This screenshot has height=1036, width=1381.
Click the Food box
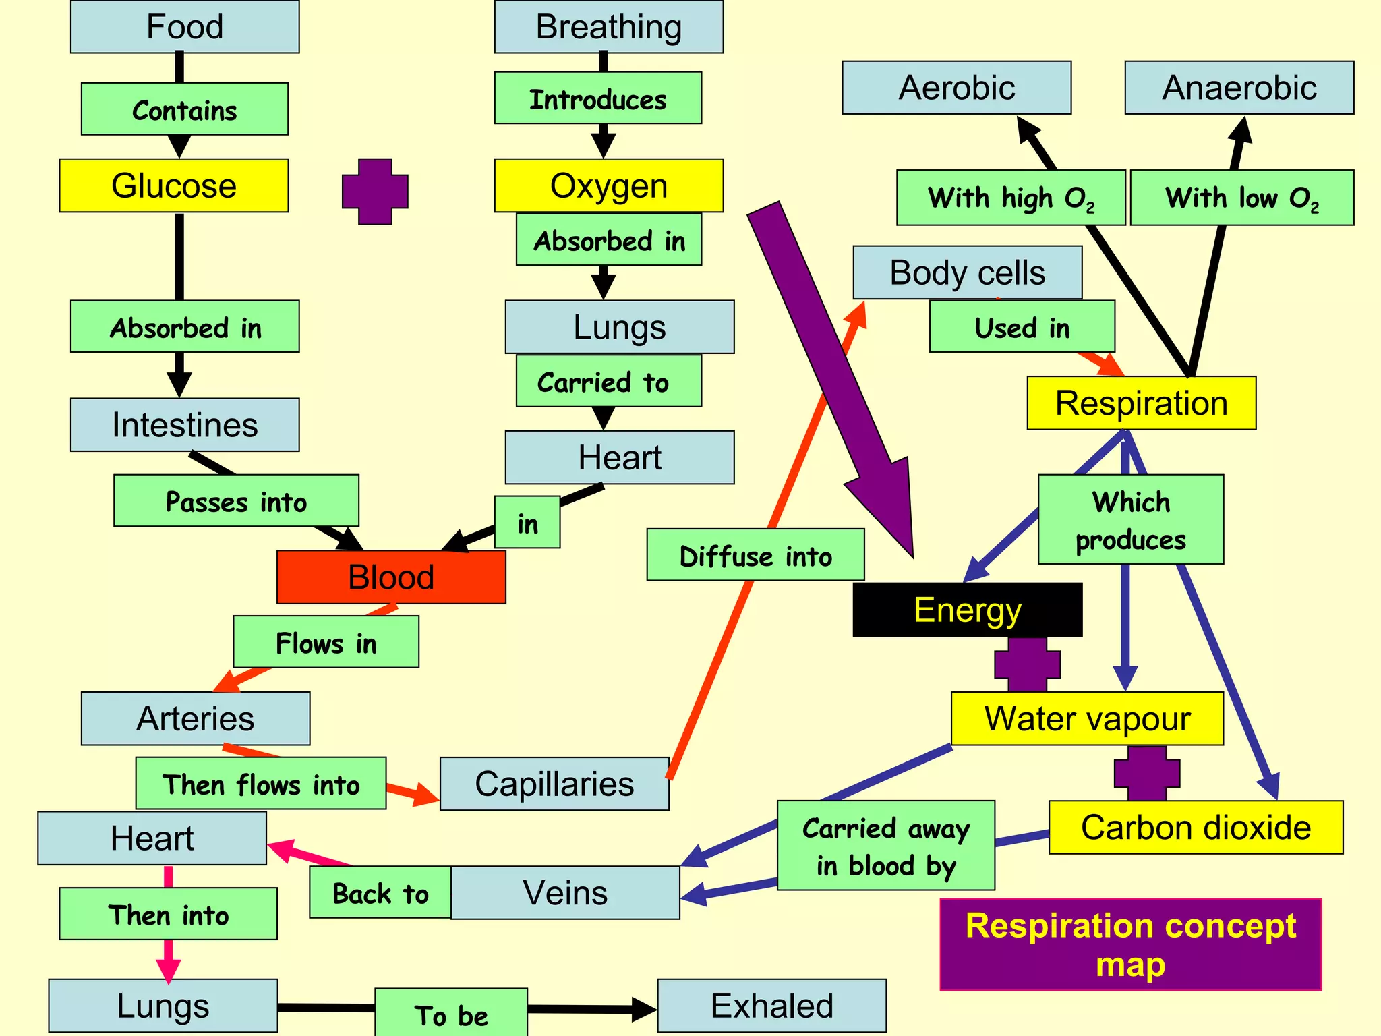tap(185, 27)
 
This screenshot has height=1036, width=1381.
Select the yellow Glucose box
tap(174, 185)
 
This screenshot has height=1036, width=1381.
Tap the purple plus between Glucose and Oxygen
tap(375, 192)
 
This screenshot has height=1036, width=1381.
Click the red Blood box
tap(391, 577)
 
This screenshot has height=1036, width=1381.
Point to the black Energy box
tap(968, 610)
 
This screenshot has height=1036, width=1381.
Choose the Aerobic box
tap(956, 88)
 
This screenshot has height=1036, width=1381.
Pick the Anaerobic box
tap(1239, 88)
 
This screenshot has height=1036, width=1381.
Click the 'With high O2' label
tap(1010, 198)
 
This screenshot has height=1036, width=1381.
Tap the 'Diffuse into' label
tap(755, 555)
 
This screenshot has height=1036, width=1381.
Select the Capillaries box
tap(554, 784)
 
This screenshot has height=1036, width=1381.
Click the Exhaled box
tap(771, 1006)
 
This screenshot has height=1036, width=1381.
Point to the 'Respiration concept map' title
tap(1130, 944)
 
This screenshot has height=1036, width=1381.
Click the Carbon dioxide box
tap(1196, 828)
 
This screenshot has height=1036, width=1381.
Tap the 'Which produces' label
tap(1131, 519)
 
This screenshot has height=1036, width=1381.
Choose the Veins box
tap(565, 893)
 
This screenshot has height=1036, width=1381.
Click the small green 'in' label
tap(527, 523)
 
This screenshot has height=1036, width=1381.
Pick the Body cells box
tap(967, 272)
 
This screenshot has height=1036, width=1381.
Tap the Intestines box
tap(185, 425)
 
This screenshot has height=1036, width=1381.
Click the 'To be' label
tap(451, 1014)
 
